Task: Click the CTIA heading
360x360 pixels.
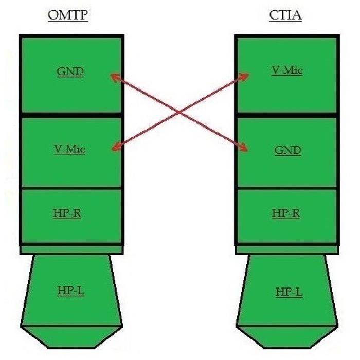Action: [285, 15]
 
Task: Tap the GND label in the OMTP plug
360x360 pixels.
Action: [70, 71]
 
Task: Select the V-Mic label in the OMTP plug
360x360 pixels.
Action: [69, 150]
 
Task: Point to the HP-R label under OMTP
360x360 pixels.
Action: [67, 213]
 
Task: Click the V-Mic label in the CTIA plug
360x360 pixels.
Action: [286, 70]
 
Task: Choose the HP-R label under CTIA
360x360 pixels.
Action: [286, 213]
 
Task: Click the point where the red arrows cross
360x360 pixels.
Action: [178, 112]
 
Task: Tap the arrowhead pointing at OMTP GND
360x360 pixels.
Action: [114, 77]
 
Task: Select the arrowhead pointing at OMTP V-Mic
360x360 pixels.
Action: [115, 149]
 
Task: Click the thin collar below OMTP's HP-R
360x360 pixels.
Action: [71, 249]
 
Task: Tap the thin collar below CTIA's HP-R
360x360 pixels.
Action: [286, 249]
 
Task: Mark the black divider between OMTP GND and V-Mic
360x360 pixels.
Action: [71, 115]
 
